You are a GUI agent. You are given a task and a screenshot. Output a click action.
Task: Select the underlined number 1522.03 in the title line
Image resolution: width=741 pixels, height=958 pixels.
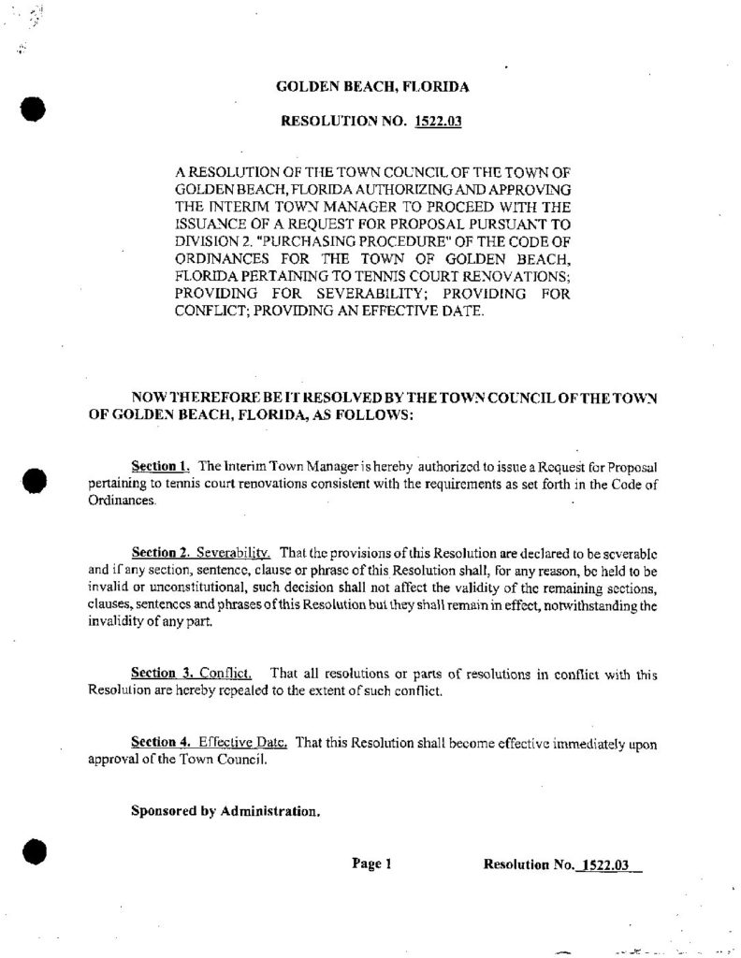pos(440,121)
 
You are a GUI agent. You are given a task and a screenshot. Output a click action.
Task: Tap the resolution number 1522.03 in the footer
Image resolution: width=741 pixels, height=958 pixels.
pos(605,864)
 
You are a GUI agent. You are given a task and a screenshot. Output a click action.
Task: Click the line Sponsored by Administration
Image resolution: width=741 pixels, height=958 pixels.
pos(225,811)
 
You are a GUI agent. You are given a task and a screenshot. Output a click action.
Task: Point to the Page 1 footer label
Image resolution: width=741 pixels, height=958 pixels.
pos(370,864)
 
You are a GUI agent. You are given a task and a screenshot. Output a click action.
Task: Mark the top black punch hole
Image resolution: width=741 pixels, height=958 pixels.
pos(35,107)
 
